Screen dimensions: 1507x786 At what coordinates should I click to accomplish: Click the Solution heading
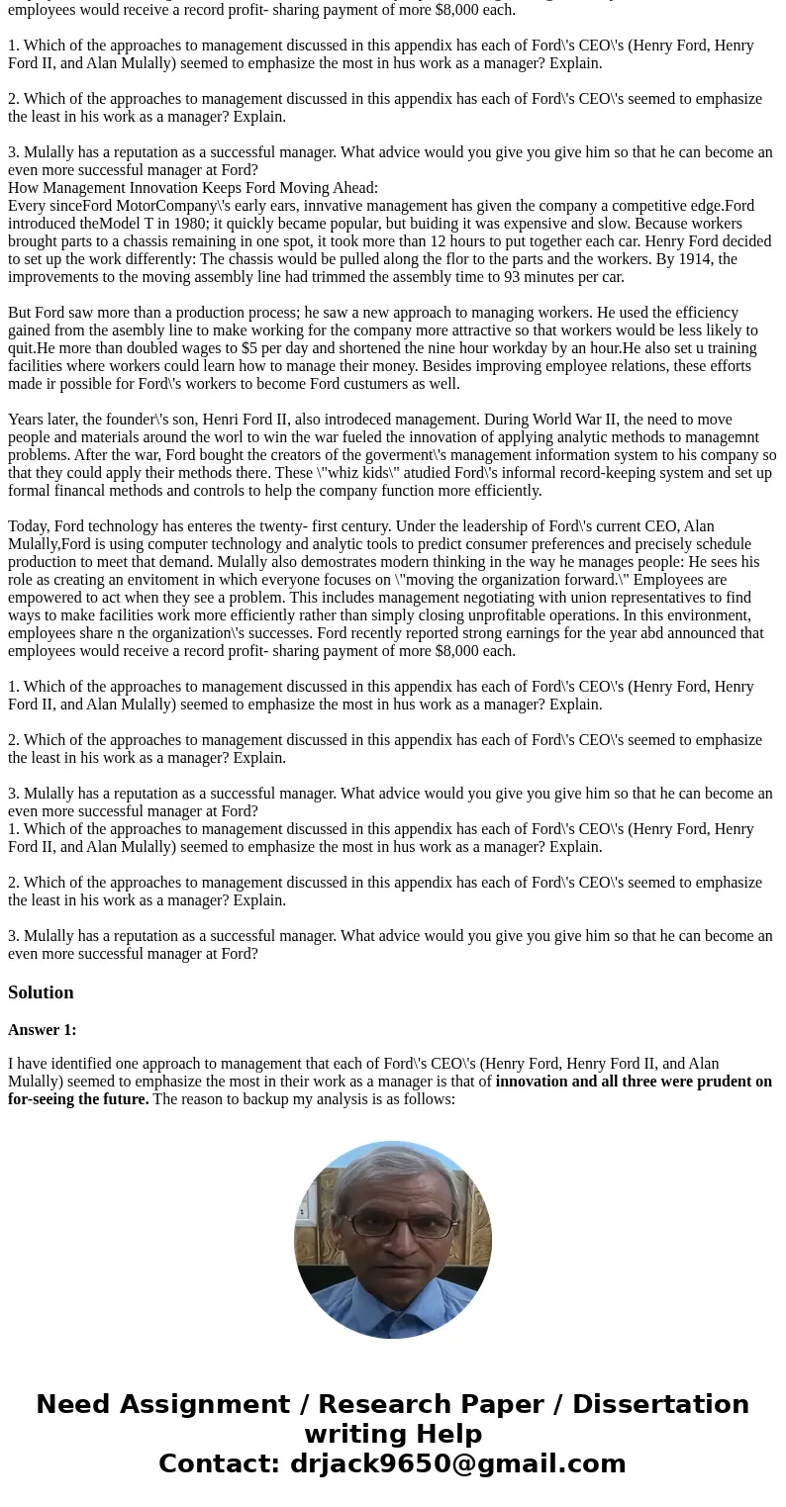pos(41,992)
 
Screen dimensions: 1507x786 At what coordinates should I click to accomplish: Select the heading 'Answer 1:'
pos(42,1030)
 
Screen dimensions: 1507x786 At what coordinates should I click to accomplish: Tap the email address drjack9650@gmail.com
pos(457,1463)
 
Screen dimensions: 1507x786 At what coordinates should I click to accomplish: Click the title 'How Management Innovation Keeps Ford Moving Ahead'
pos(192,188)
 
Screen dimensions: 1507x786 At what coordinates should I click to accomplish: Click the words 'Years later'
pos(50,420)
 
